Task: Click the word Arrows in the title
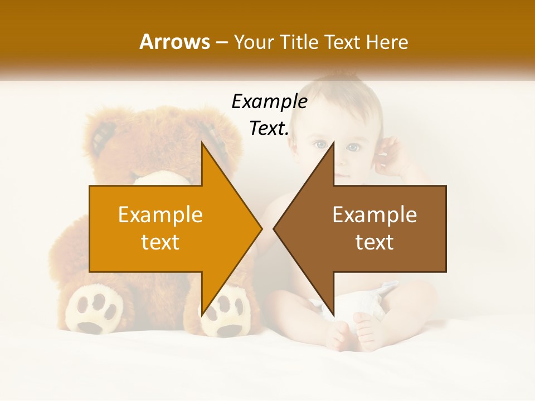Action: point(174,42)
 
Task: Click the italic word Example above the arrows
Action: point(269,101)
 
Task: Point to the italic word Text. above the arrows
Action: point(269,128)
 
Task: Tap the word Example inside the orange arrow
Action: point(160,215)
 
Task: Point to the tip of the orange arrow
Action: point(260,228)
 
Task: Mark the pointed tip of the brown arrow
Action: point(275,228)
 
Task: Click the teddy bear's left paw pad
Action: point(94,309)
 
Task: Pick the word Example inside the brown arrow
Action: point(374,215)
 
